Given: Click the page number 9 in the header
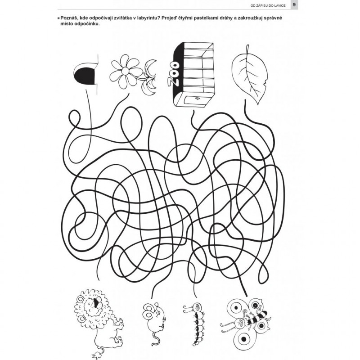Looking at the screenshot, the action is tap(294, 4).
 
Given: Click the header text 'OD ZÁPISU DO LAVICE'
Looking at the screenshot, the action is tap(268, 5).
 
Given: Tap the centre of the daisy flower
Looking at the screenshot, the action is tap(125, 71).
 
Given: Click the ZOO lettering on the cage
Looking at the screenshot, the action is tap(173, 73).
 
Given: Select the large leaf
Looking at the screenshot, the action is tap(250, 73).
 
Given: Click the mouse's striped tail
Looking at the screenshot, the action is tap(155, 338).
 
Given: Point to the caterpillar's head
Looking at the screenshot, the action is tap(198, 306).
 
